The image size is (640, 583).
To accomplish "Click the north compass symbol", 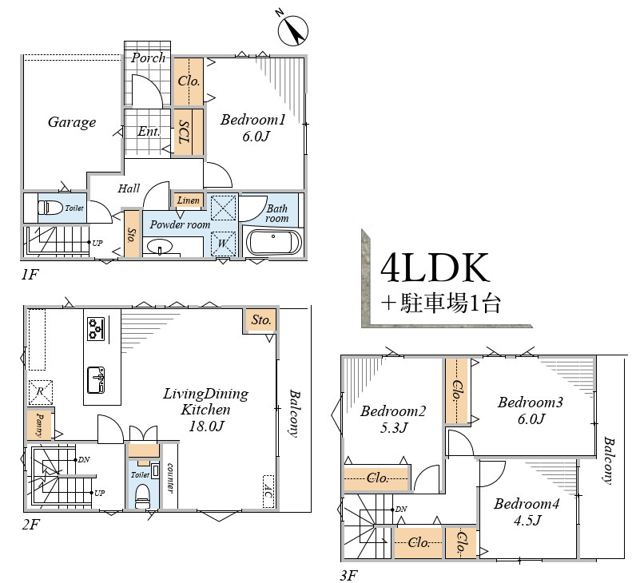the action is point(292,30).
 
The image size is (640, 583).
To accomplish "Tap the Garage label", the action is point(72,122).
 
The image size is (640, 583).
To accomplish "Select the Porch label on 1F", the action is point(148,58).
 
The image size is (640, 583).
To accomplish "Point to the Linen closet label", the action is point(188,200).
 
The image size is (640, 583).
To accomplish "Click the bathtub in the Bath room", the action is point(274,242).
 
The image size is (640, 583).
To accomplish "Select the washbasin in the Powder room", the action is point(160,247).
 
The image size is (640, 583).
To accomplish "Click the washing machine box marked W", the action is point(223,244).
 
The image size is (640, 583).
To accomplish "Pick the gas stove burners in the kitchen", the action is point(97,328).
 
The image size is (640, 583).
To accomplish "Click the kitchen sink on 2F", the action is point(97,380).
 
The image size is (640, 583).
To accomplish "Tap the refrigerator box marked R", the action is point(40,392).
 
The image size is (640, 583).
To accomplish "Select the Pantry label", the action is point(40,425).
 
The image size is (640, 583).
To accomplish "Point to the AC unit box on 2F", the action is point(268,491).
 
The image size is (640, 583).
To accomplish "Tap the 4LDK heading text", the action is point(435,268).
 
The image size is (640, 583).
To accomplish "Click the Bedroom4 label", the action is point(527,504).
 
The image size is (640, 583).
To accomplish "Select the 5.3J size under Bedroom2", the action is point(394,427).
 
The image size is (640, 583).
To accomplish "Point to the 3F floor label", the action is point(349,575).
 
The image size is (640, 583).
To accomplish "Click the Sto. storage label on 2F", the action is point(261,320).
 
